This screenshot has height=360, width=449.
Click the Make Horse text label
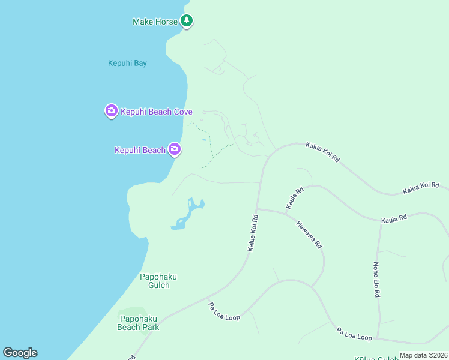pos(155,22)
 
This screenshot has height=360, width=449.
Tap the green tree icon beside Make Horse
pos(187,21)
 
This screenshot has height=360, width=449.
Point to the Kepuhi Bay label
pos(127,63)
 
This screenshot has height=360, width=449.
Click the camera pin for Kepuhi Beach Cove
pos(111,110)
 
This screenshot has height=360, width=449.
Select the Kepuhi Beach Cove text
pos(157,112)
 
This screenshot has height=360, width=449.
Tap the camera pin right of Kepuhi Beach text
pos(175,149)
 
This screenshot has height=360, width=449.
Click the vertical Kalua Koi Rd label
pos(253,233)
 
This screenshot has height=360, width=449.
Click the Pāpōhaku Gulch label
pos(154,281)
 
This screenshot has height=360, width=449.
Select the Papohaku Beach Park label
pos(139,323)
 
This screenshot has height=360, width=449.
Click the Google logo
pos(20,353)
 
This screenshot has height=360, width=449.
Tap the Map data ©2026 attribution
pos(423,355)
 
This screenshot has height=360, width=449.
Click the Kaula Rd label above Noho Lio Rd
pos(394,219)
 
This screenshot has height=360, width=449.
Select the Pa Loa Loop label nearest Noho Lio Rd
pos(354,334)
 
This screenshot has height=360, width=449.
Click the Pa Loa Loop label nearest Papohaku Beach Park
pos(224,311)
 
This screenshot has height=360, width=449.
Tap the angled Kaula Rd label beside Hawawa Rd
pos(295,198)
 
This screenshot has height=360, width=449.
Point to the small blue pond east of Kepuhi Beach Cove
pos(204,140)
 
